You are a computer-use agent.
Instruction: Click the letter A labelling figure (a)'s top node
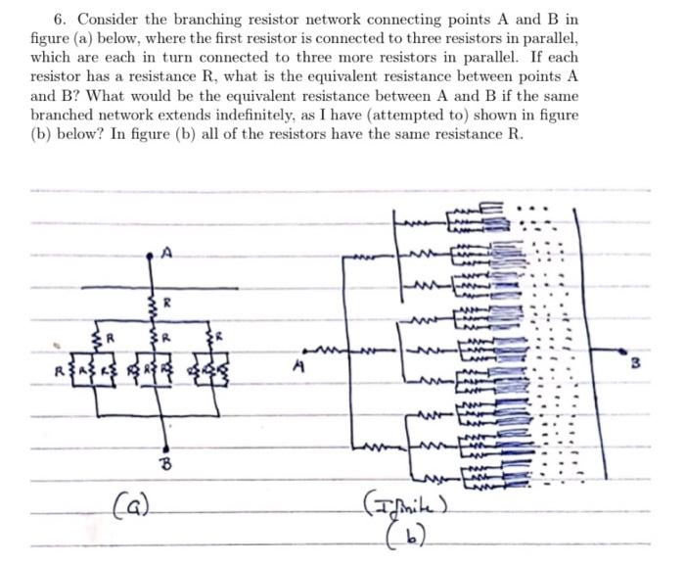[167, 253]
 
